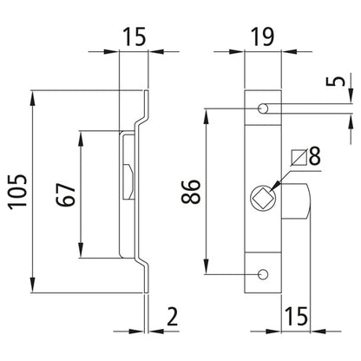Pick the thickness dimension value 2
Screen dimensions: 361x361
[174, 316]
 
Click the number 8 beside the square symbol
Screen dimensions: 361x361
[314, 157]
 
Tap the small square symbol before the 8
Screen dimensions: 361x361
[299, 157]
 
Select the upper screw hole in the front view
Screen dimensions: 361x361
[263, 108]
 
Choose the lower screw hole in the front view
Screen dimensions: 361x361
[263, 274]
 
